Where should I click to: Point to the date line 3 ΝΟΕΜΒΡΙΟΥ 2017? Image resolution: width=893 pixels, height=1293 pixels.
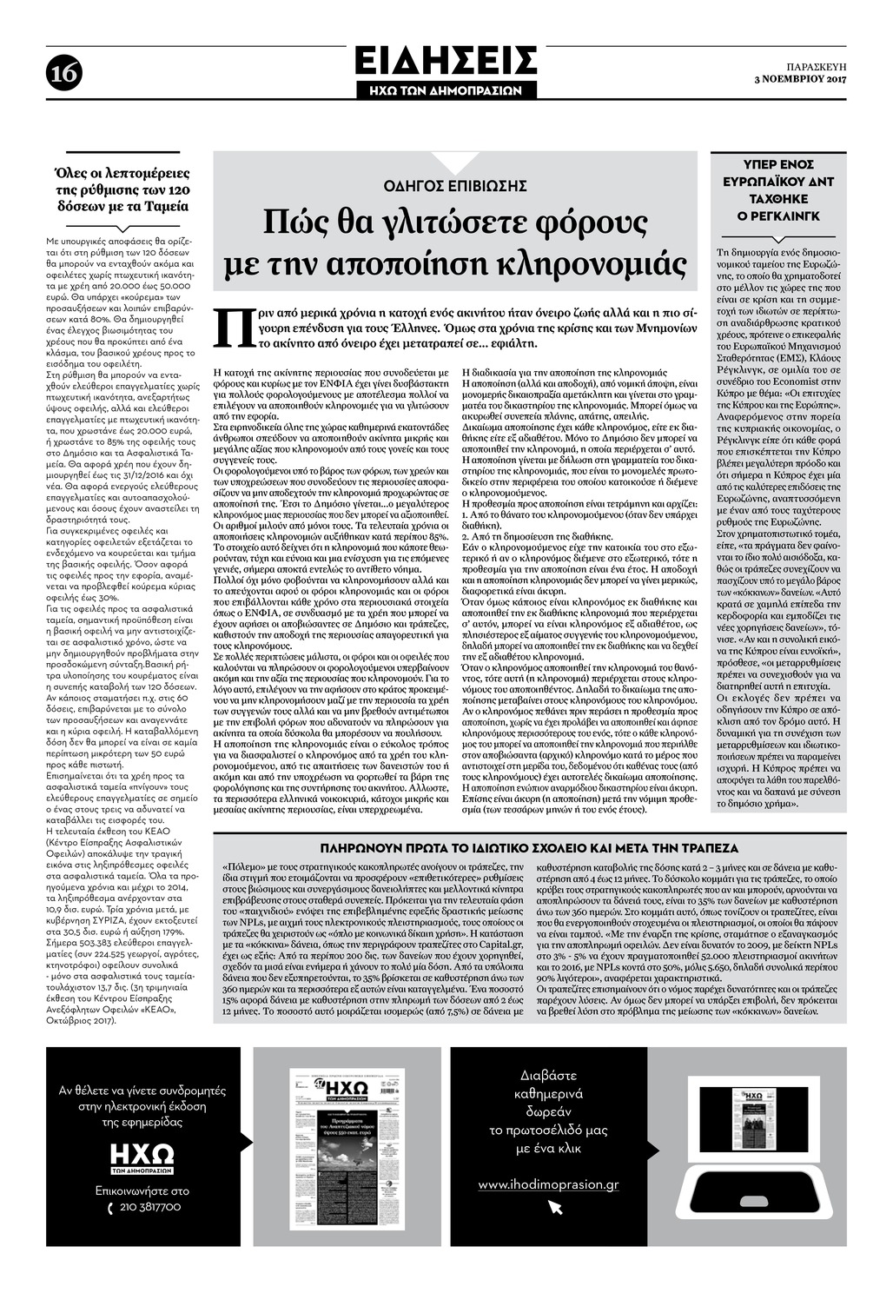pyautogui.click(x=799, y=80)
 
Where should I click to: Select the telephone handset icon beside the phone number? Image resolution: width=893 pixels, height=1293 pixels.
pyautogui.click(x=110, y=1208)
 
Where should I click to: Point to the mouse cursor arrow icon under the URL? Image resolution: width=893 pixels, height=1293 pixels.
pyautogui.click(x=555, y=1207)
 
